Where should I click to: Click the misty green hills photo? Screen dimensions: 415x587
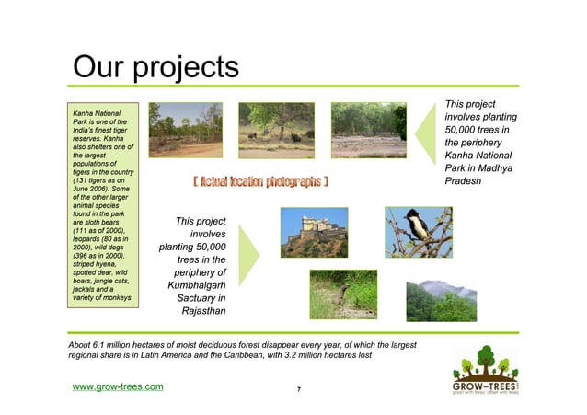coord(417,294)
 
